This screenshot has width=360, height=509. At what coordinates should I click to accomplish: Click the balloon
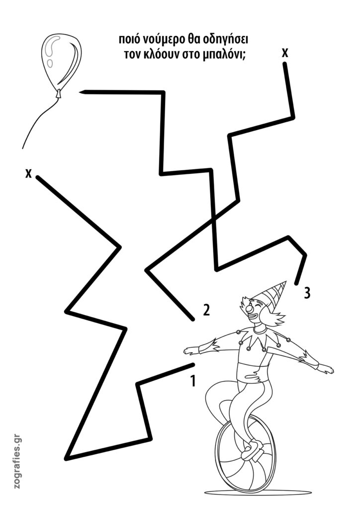tap(62, 62)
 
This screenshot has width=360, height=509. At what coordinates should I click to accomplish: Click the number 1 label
tap(193, 381)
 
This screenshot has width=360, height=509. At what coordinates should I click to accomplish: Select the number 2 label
tap(206, 310)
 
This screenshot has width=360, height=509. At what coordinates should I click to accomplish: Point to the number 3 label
tap(307, 293)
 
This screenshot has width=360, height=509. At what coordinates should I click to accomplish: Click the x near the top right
tap(285, 53)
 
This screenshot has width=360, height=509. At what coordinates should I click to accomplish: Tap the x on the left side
tap(28, 173)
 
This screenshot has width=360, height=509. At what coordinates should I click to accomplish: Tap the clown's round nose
tap(250, 309)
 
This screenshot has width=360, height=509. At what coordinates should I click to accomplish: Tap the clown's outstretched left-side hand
tap(191, 350)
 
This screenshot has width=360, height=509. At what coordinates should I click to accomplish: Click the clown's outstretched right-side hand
tap(325, 369)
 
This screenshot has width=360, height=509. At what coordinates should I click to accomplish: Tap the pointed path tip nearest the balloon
tap(80, 92)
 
